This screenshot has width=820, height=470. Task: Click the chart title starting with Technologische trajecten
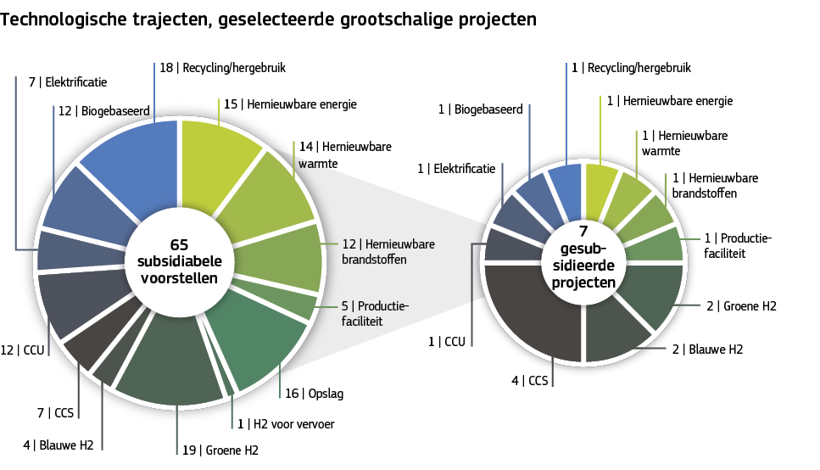(x=268, y=19)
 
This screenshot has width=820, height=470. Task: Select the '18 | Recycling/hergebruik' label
(x=228, y=67)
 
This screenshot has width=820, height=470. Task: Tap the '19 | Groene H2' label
(x=220, y=450)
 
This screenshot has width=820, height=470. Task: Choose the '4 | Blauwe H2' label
(x=59, y=445)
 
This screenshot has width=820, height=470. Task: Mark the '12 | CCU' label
(x=20, y=350)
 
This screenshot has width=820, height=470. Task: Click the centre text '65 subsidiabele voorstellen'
(x=178, y=260)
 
